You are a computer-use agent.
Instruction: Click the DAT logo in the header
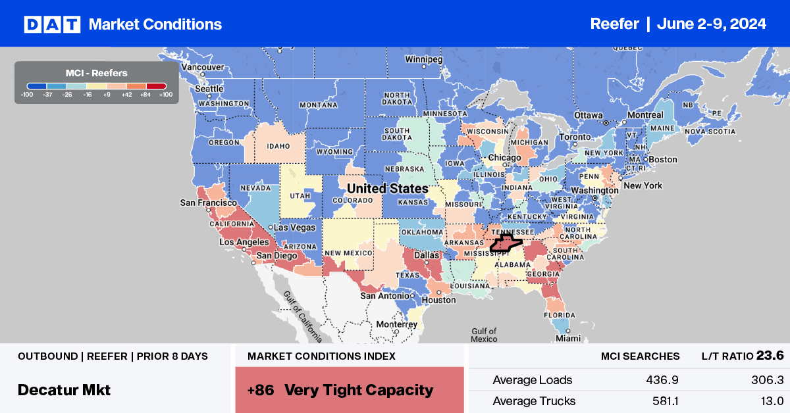click(x=52, y=24)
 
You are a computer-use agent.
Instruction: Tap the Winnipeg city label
click(x=423, y=58)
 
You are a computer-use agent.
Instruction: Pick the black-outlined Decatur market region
click(x=506, y=244)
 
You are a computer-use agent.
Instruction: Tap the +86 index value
click(x=261, y=390)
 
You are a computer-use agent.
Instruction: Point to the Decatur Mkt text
click(x=64, y=389)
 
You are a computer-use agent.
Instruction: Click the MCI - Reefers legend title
click(x=97, y=73)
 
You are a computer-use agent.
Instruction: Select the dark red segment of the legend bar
click(x=157, y=85)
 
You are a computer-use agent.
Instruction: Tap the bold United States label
click(x=387, y=189)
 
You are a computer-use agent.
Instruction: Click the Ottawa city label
click(x=588, y=114)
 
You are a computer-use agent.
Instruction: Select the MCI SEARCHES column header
click(x=640, y=356)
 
